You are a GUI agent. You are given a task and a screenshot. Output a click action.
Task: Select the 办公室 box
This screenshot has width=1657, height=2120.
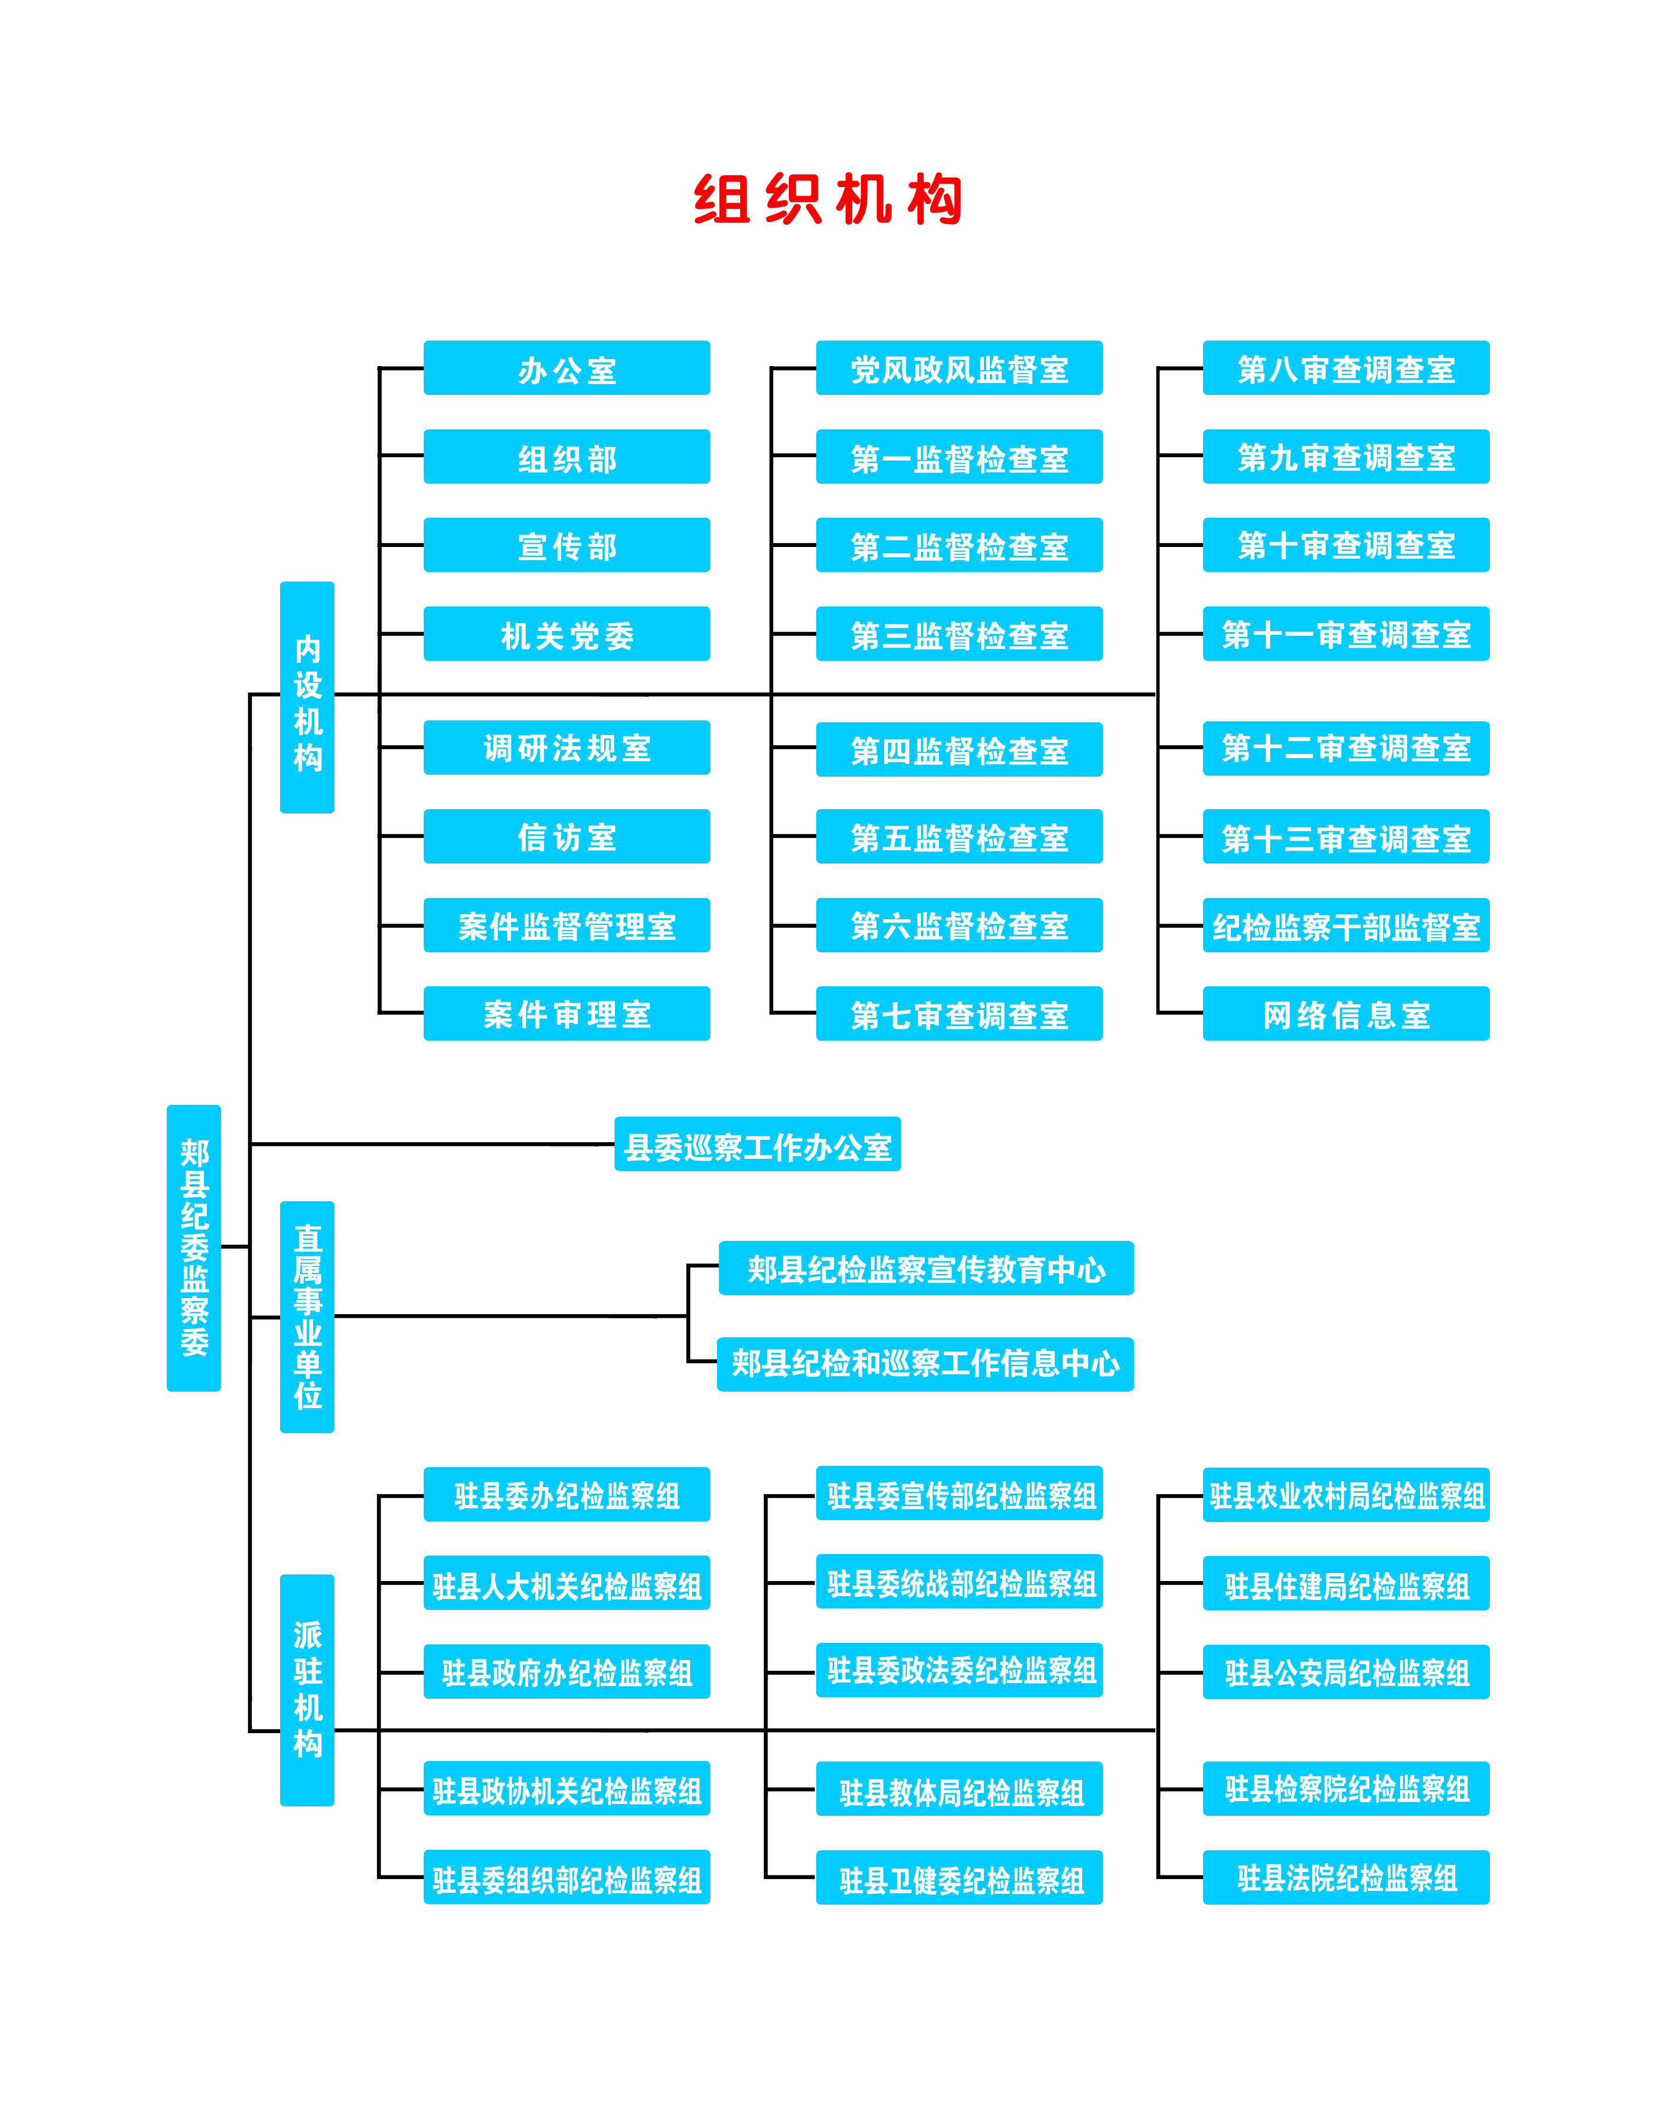click(567, 369)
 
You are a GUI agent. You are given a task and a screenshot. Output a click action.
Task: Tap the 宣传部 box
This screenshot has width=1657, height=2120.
click(567, 546)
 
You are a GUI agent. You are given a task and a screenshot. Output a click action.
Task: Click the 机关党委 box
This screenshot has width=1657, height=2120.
click(567, 635)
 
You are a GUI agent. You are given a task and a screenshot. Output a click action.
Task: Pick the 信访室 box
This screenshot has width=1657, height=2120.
click(567, 837)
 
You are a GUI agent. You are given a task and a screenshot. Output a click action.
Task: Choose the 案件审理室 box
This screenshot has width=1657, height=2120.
click(567, 1014)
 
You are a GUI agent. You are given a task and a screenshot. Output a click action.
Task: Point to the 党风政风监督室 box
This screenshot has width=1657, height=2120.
click(959, 369)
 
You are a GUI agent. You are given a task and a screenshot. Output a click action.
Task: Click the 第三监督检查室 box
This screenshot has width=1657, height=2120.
click(959, 635)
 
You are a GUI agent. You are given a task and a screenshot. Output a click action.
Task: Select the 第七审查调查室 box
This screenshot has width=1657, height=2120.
click(959, 1014)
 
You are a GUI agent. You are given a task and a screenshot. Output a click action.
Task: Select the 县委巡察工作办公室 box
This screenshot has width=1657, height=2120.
click(757, 1145)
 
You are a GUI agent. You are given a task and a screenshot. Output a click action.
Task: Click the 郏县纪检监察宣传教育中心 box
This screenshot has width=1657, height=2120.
click(926, 1269)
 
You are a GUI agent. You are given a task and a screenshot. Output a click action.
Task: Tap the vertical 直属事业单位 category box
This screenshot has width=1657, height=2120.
click(307, 1317)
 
